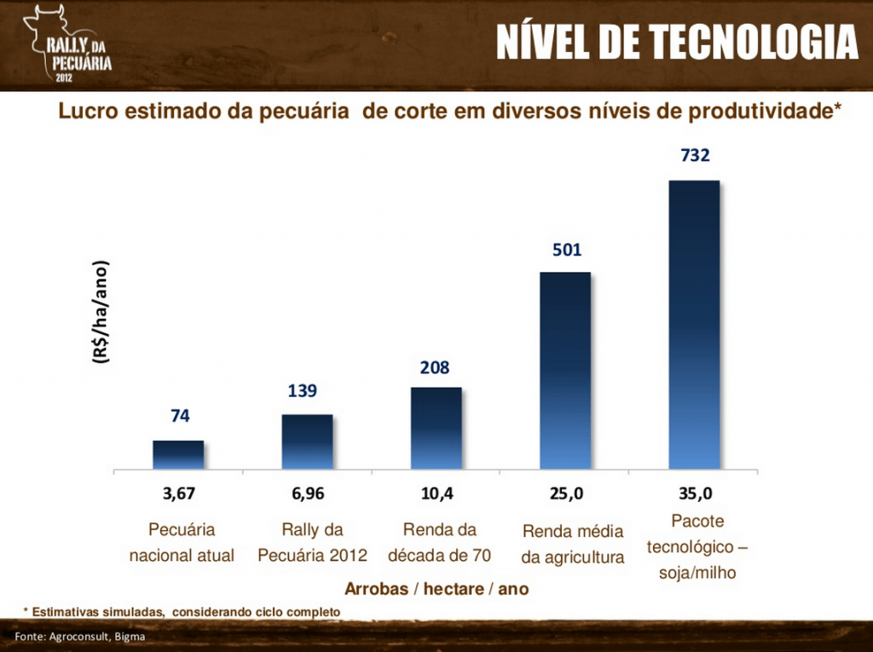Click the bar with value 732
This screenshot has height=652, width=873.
point(694,324)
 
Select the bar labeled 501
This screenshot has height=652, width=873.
point(565,370)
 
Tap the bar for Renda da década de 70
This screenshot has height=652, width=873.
point(436,428)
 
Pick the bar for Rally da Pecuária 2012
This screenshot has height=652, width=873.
point(307,441)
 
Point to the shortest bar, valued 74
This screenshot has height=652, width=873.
point(178,454)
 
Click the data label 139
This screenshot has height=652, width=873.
point(303,391)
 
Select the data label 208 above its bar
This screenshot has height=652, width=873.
point(435,368)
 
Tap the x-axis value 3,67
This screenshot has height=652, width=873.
point(180,493)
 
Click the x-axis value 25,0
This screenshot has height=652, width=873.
point(566,493)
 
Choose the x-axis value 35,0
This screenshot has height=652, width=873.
point(695,493)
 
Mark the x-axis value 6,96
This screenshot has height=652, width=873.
point(308,493)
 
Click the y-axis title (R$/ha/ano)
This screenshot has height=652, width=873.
point(101,313)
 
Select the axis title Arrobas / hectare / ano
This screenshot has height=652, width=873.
point(436,589)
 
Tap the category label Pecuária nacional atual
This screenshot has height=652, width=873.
point(182,543)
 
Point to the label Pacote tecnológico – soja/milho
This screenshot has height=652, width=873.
point(697,546)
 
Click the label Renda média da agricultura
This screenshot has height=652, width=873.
point(573,545)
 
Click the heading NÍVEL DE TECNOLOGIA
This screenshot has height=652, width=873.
point(676,43)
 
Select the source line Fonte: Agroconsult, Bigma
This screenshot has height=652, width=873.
point(79,638)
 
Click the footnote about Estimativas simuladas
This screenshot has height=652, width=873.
point(182,612)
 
